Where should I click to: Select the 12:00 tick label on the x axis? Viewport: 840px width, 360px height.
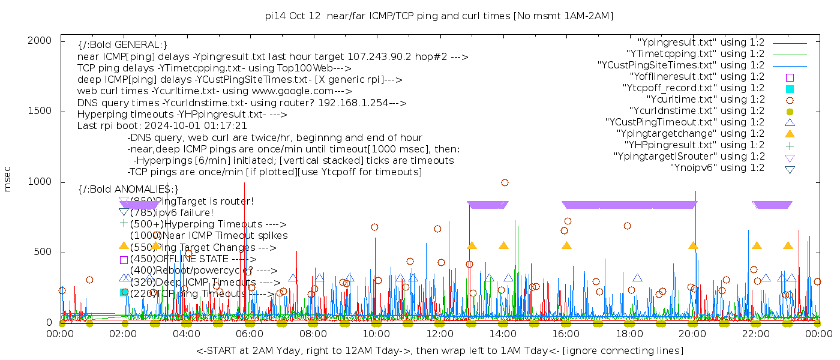coord(439,334)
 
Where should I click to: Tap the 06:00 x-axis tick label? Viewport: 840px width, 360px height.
coord(250,334)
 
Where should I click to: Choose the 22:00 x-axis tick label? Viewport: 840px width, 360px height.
coord(755,334)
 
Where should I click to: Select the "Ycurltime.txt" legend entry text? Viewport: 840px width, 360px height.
coord(705,100)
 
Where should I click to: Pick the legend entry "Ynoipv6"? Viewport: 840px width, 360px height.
coord(717,168)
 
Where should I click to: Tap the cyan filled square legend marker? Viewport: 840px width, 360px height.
coord(790,88)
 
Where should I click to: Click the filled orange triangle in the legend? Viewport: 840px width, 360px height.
coord(790,134)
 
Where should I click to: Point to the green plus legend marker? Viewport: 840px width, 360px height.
coord(790,145)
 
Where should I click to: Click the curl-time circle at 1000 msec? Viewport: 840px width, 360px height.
coord(505,182)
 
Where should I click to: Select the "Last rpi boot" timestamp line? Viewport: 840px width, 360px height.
coord(162,126)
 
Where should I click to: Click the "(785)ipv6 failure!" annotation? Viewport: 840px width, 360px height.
coord(172,212)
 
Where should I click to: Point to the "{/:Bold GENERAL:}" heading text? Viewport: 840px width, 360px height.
coord(122,45)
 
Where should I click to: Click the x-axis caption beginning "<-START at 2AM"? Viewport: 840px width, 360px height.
coord(439,350)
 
